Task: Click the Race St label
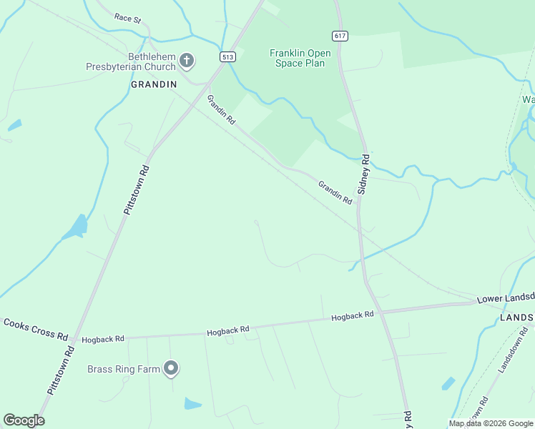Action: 127,19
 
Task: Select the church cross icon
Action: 187,61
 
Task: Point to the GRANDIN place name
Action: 153,84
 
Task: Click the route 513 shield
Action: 228,57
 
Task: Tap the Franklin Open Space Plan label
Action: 297,58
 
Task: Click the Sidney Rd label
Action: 363,174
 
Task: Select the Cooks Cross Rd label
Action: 35,330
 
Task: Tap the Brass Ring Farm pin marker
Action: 171,368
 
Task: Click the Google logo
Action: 24,420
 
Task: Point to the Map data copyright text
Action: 491,423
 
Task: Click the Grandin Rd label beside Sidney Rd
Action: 335,192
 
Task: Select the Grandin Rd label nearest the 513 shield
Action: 221,110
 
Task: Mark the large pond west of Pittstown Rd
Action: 76,228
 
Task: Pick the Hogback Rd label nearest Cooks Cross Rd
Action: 103,338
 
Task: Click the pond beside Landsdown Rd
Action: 448,383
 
